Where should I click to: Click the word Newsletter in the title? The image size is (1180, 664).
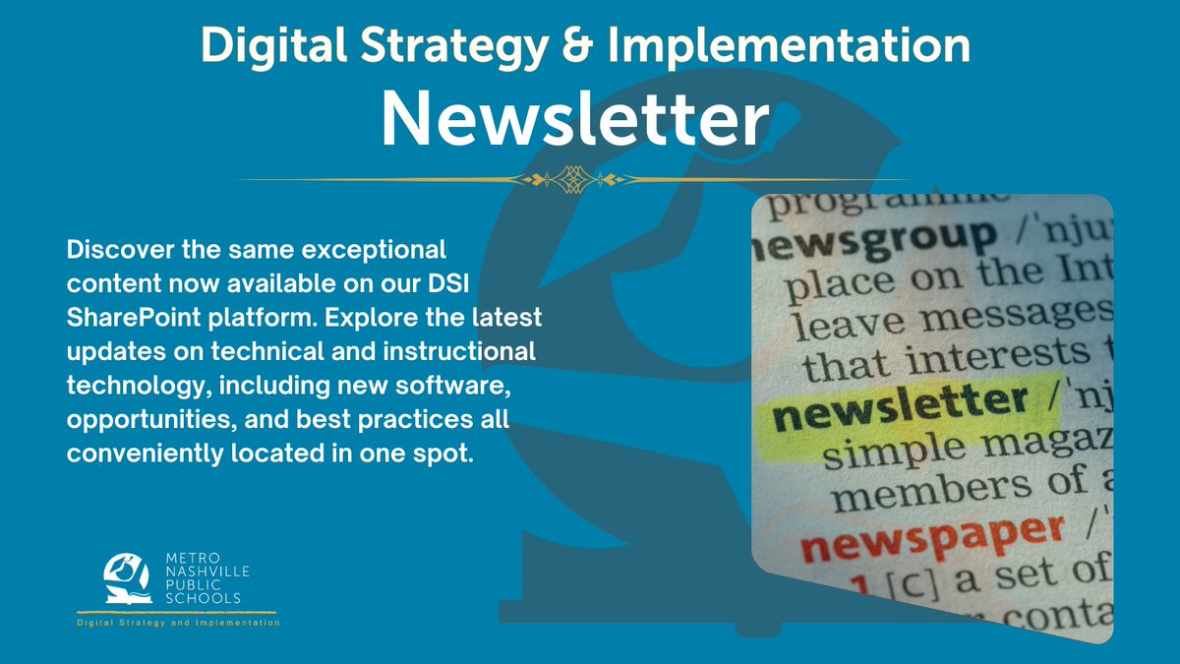(574, 119)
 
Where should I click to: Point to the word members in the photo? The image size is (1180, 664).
(911, 491)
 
